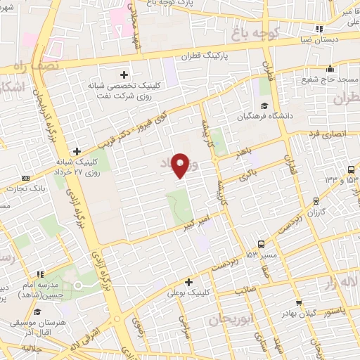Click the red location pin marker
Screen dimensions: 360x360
(181, 166)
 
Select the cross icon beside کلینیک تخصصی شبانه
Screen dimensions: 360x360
(124, 73)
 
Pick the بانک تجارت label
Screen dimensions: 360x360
(27, 188)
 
